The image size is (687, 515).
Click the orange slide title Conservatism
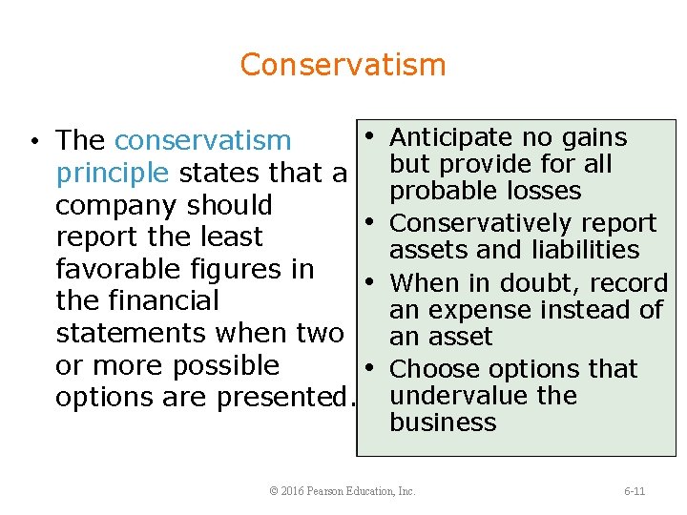click(343, 65)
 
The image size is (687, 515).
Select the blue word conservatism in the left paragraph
click(202, 141)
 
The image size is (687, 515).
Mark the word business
click(443, 422)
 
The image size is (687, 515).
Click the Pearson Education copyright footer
click(343, 491)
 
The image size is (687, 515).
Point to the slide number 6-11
click(635, 491)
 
